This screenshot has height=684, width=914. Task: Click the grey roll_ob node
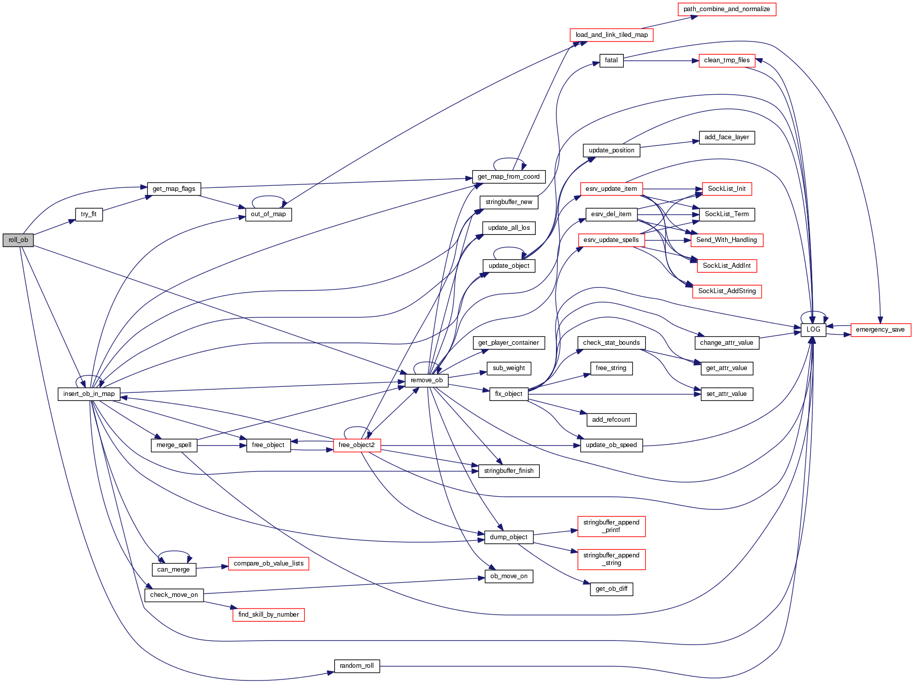point(18,240)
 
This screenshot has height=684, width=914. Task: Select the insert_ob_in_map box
point(89,394)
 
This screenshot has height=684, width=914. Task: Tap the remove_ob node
point(426,380)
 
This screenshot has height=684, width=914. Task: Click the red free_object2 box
point(356,445)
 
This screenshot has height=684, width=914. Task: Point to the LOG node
point(813,330)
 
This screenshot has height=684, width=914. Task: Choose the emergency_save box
point(880,330)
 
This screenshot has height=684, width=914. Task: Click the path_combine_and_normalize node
point(726,9)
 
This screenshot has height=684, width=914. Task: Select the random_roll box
point(356,666)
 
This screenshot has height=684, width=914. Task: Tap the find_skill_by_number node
point(268,615)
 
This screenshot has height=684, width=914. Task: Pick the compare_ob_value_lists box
point(268,564)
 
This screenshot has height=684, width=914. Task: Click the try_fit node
point(89,214)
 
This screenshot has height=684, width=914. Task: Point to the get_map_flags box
point(174,189)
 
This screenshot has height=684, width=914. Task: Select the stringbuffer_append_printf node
point(611,526)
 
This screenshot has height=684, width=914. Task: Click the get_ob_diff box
point(611,589)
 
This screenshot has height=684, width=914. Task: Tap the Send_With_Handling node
point(726,240)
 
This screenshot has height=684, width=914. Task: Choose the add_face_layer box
point(726,137)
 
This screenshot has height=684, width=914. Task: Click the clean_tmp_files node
point(726,60)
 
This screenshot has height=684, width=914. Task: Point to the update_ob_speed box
point(611,445)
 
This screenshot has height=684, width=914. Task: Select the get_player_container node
point(508,343)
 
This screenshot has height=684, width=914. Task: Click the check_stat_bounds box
point(611,343)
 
